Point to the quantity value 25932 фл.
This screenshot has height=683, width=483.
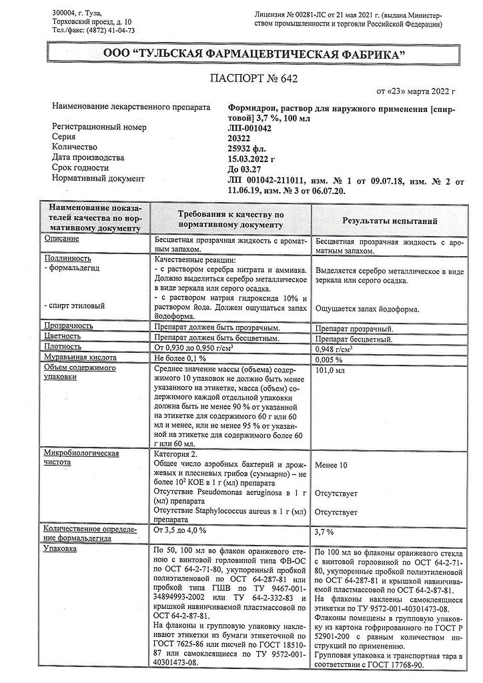[247, 147]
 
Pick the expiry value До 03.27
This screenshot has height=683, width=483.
[245, 169]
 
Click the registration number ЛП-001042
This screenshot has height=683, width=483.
[250, 126]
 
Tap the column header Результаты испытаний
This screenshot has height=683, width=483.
[390, 219]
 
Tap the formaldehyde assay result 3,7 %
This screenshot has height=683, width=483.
[324, 532]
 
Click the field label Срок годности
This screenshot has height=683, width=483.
[79, 169]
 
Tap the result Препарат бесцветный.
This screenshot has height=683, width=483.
[354, 337]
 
